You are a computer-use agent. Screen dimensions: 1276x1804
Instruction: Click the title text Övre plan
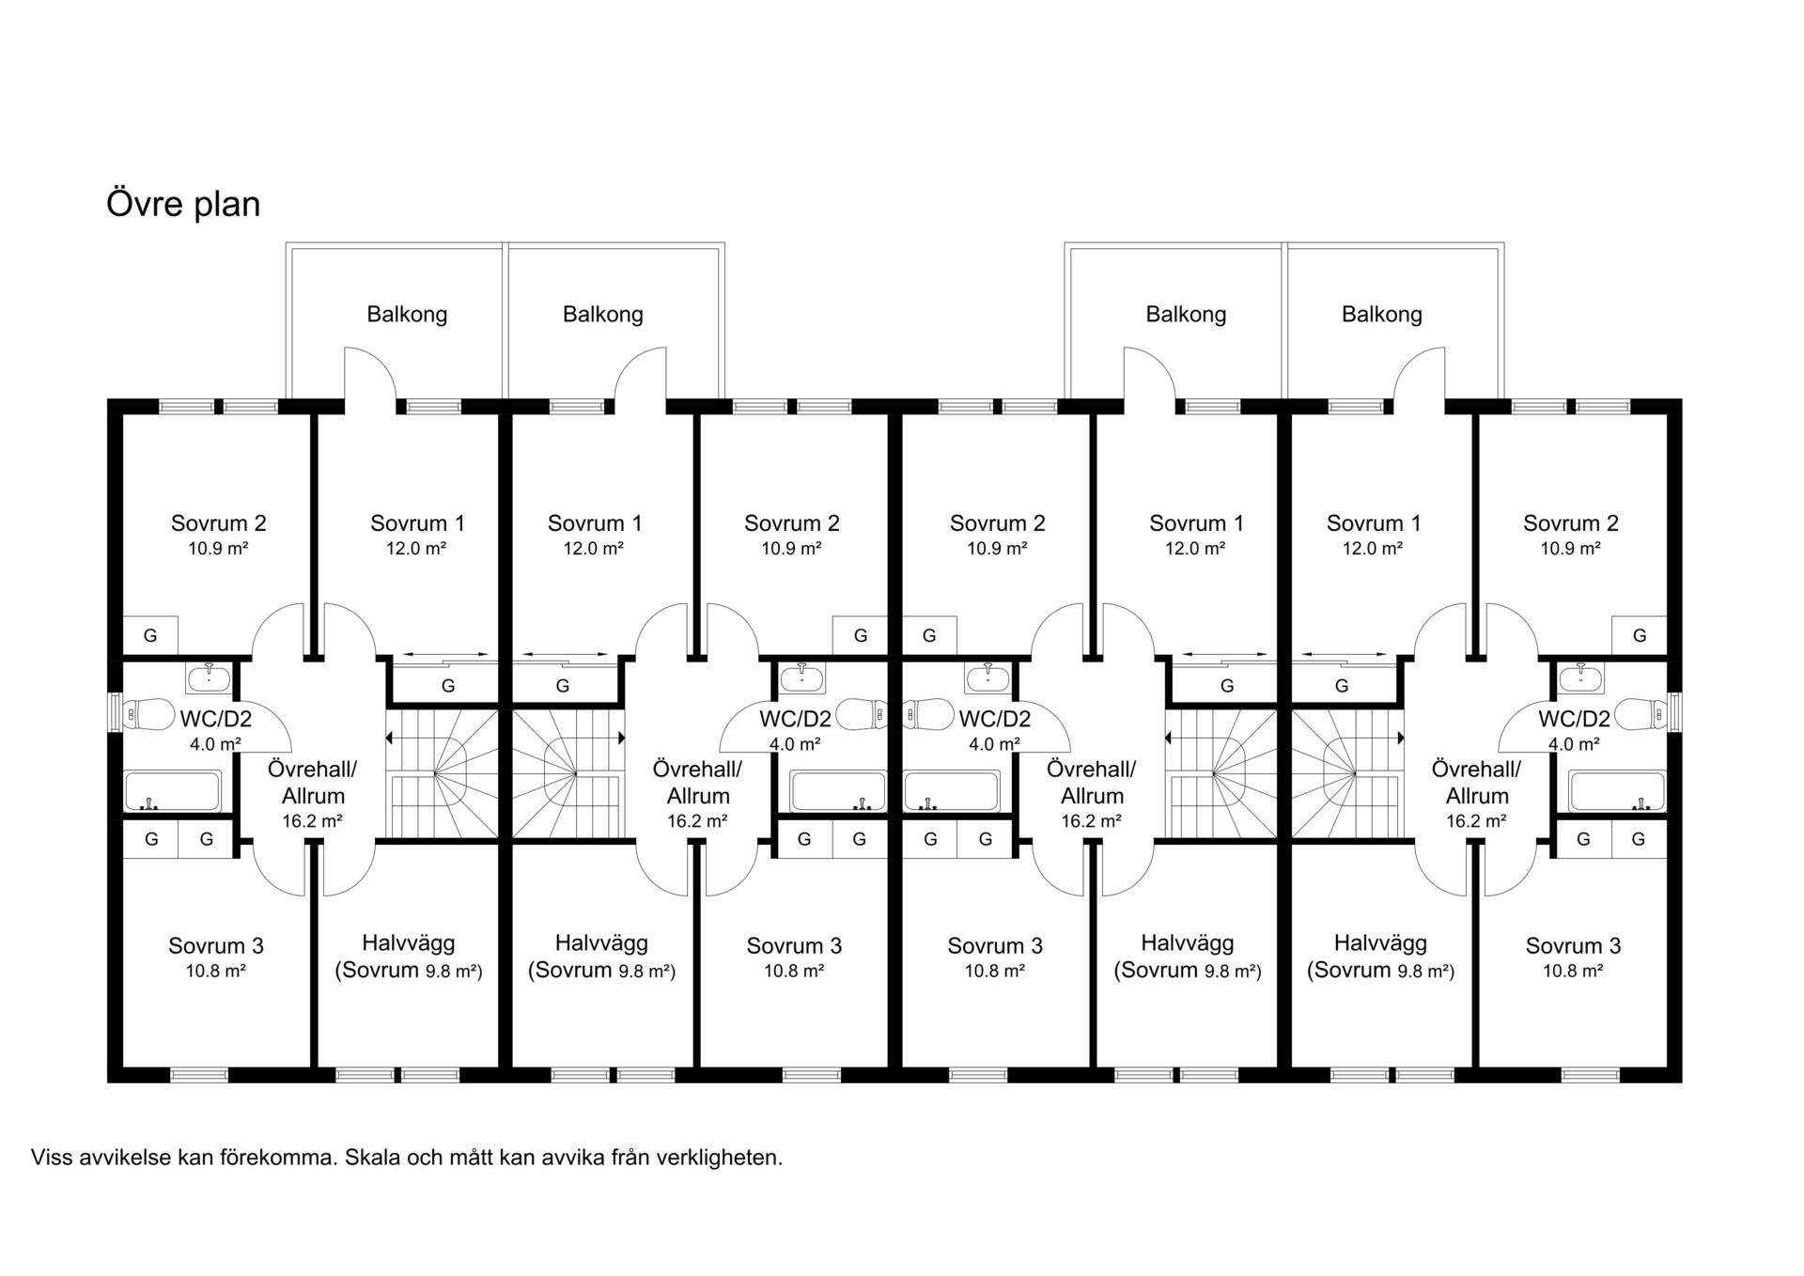[x=183, y=204]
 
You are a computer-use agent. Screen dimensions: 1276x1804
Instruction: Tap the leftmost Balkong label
[x=407, y=314]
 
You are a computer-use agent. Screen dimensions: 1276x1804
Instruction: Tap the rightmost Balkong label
[x=1381, y=314]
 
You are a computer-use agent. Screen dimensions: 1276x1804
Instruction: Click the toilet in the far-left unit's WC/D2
[x=150, y=714]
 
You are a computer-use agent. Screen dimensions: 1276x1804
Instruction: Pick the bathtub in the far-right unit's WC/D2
[x=1617, y=791]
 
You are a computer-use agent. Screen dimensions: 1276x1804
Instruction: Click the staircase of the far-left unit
[x=442, y=772]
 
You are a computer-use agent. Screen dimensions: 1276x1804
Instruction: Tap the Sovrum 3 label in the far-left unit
[x=216, y=945]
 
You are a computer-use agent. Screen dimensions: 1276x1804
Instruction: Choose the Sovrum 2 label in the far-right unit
[x=1571, y=523]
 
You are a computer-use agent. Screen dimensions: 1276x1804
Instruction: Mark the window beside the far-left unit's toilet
[x=114, y=712]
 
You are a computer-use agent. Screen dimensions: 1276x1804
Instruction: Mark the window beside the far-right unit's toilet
[x=1675, y=712]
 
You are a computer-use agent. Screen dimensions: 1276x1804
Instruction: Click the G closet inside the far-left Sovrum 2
[x=150, y=635]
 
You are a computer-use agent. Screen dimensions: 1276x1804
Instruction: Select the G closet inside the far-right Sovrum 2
[x=1640, y=635]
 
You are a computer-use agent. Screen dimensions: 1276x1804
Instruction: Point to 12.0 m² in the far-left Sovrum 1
[x=415, y=549]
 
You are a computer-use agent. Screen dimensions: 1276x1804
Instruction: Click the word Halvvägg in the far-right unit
[x=1380, y=942]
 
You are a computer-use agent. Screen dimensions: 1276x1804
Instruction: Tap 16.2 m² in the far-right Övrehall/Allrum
[x=1476, y=820]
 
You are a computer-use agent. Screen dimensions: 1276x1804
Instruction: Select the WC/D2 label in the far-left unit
[x=216, y=720]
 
